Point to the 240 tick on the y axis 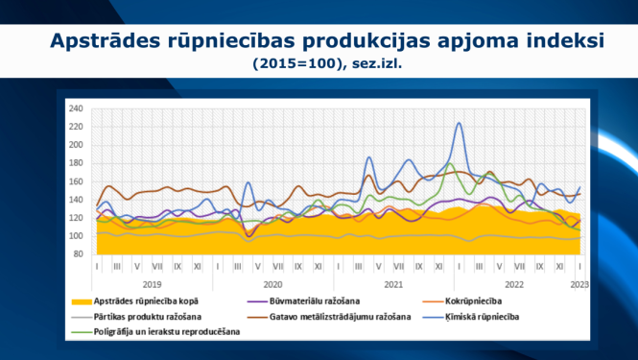point(76,108)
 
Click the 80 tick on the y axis point(79,253)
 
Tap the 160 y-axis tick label point(76,181)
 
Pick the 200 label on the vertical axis point(76,145)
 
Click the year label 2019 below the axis point(152,284)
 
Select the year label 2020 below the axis point(272,284)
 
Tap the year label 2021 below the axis point(393,284)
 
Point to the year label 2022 point(514,284)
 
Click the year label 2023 point(579,284)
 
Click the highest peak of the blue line point(459,123)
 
